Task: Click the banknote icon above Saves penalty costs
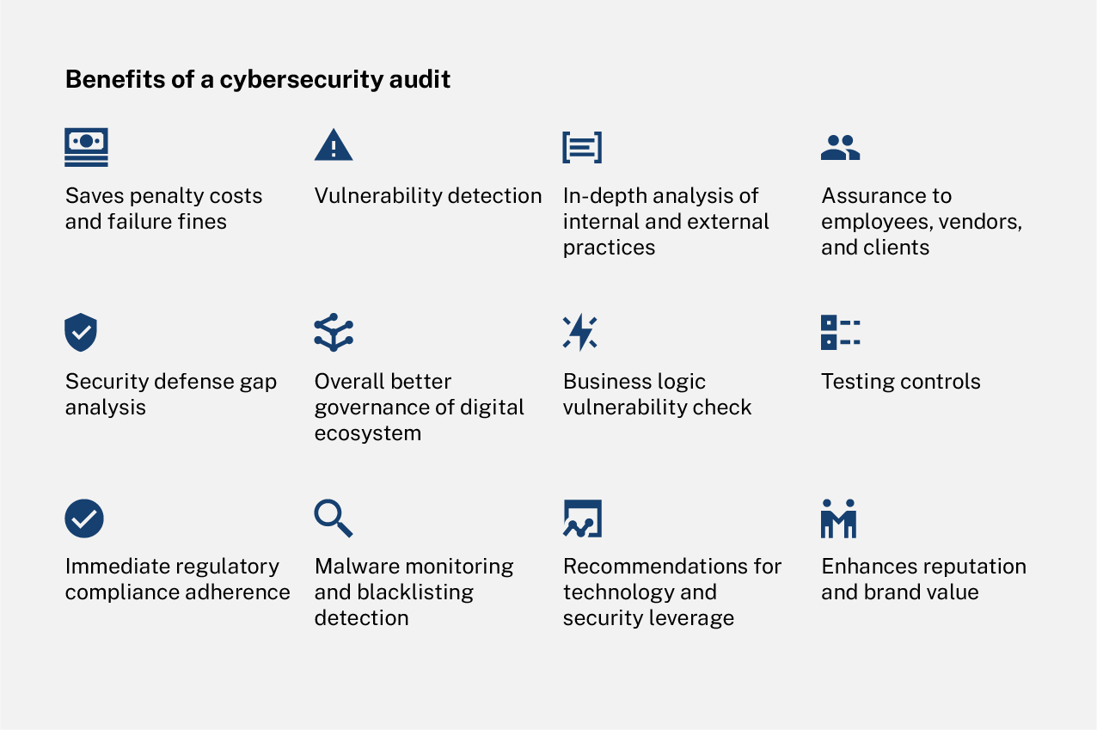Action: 86,147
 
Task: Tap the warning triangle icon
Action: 334,145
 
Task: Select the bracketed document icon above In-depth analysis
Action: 582,147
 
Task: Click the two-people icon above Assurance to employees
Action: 840,148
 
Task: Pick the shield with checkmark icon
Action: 81,333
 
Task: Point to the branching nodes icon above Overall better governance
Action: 334,333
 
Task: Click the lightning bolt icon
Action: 580,333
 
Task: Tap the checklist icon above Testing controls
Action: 840,332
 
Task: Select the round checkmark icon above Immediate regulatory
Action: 84,518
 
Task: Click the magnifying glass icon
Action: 333,518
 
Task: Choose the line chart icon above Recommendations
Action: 582,518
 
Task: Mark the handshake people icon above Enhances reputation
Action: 838,518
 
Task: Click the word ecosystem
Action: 367,433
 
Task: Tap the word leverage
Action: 694,618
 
